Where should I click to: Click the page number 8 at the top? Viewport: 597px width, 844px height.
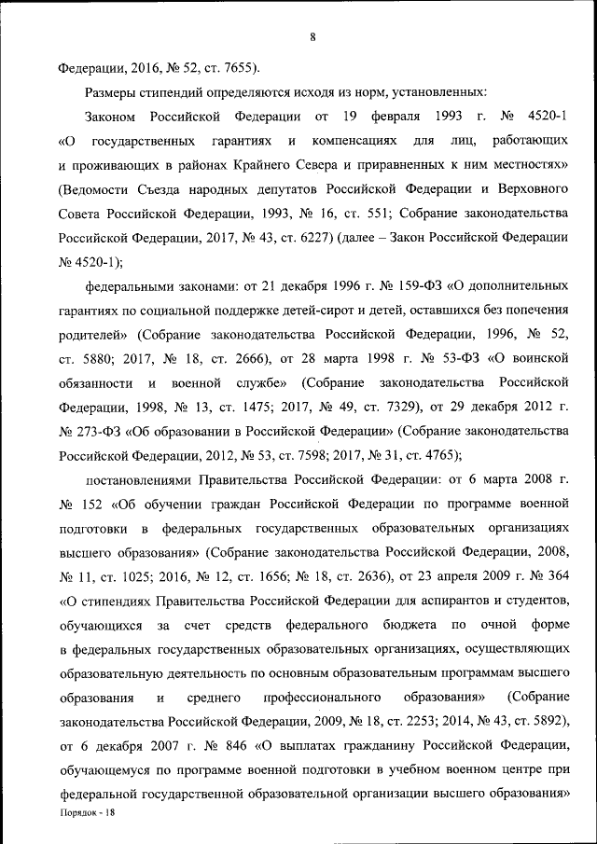pyautogui.click(x=312, y=36)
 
